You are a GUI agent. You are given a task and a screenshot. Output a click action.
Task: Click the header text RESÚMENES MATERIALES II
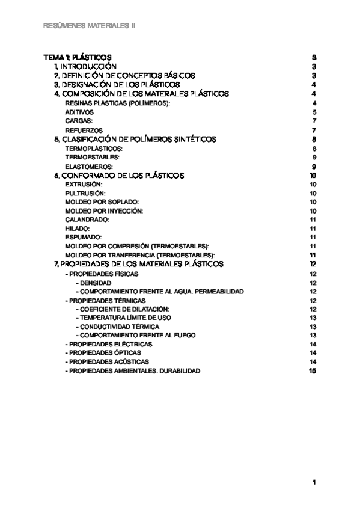pyautogui.click(x=90, y=26)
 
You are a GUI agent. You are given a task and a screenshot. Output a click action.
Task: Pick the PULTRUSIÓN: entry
pyautogui.click(x=85, y=193)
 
